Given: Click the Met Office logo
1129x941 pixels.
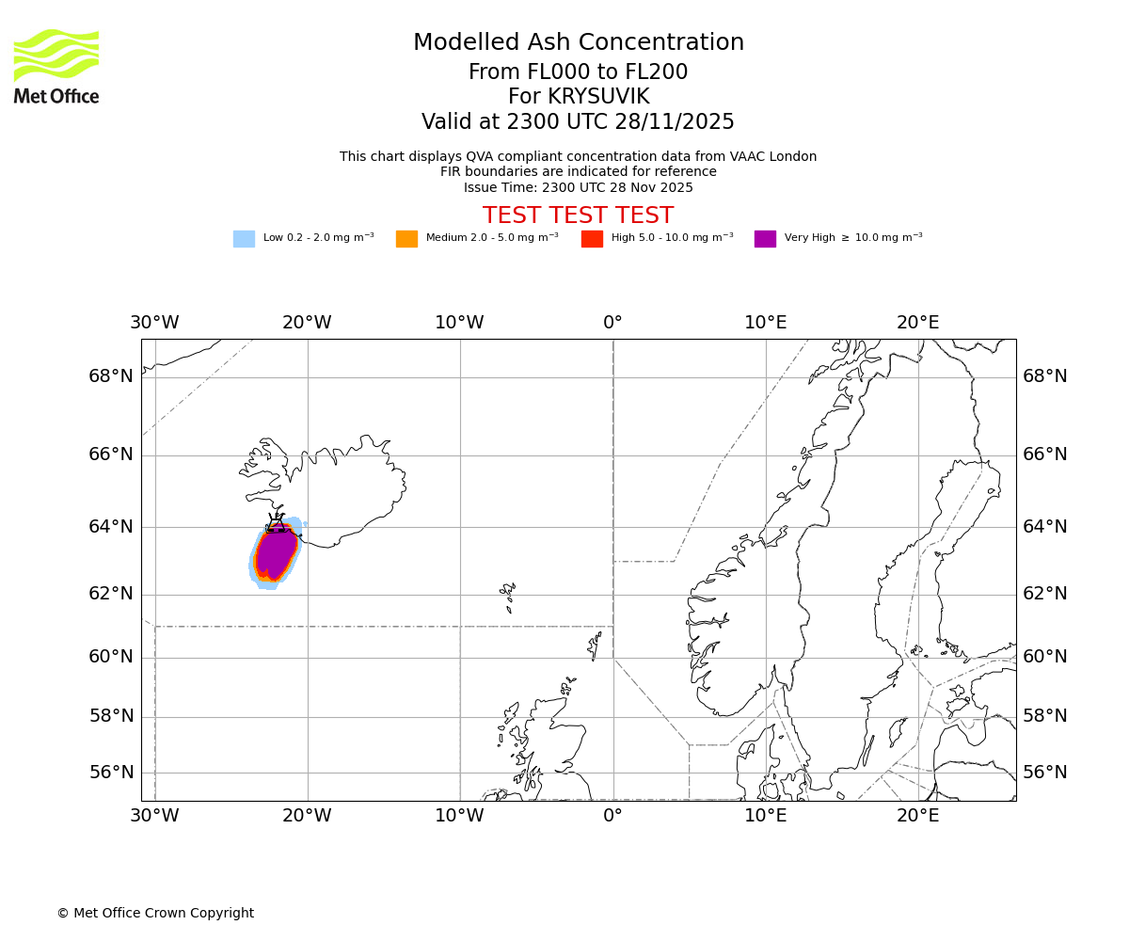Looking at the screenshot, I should [56, 66].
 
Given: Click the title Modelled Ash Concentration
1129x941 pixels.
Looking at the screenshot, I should [578, 43].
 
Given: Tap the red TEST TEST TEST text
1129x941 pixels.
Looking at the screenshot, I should [578, 215].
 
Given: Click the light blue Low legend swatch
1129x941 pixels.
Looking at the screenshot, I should [244, 239].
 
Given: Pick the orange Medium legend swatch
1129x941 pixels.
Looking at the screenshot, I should [406, 239].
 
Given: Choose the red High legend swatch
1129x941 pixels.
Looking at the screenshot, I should [592, 239].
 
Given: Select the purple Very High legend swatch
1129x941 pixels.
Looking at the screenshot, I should [765, 239].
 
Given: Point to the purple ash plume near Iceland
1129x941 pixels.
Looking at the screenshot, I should [276, 554].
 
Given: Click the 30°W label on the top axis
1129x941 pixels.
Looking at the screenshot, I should [154, 323].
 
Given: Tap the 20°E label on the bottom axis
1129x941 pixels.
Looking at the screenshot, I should [917, 816].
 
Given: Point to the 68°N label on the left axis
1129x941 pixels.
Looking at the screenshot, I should [111, 376].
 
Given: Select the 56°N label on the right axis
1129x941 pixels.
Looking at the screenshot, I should [1044, 773].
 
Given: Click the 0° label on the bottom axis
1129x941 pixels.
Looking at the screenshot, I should [612, 816].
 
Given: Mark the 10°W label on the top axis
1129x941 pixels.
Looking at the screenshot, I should [459, 323].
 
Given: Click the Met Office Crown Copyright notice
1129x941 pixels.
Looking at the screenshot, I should [155, 914].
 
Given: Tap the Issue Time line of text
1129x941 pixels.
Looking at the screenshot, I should [578, 187].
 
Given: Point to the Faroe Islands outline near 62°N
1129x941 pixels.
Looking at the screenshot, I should [508, 595].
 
